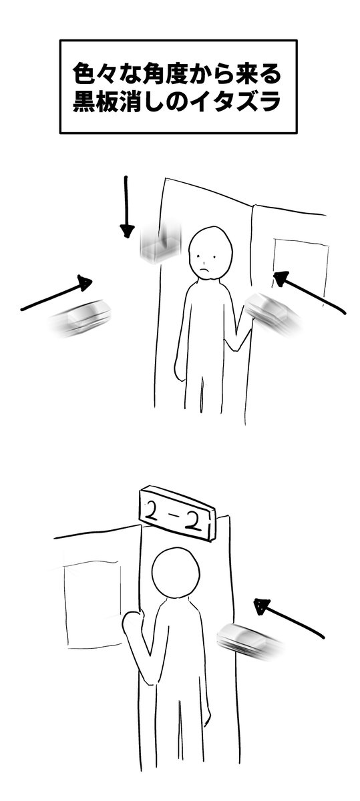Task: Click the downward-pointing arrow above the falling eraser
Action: tap(126, 207)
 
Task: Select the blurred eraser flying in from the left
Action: tap(81, 318)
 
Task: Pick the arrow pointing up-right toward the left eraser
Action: tap(57, 292)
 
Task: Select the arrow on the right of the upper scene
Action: tap(309, 292)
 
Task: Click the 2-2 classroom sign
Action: tap(178, 511)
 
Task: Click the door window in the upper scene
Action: tap(301, 272)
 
